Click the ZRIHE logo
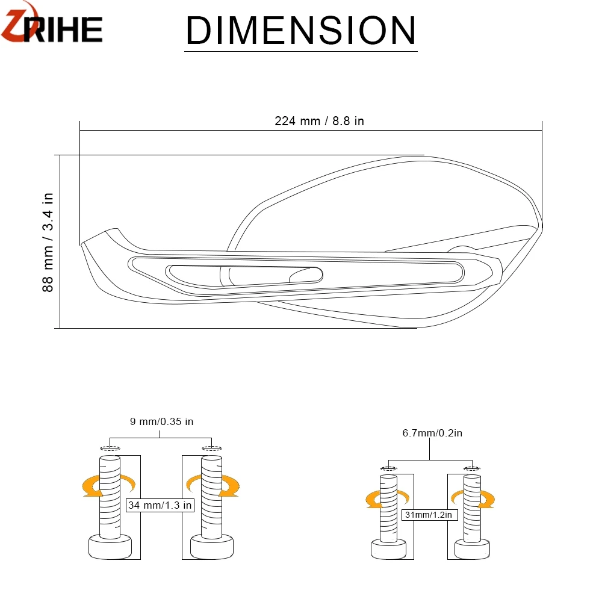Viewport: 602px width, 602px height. pyautogui.click(x=52, y=24)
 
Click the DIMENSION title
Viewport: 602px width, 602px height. pyautogui.click(x=301, y=31)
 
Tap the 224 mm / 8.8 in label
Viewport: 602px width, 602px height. pyautogui.click(x=319, y=121)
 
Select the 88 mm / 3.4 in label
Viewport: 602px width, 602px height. pyautogui.click(x=48, y=242)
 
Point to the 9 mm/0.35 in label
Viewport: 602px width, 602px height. pyautogui.click(x=161, y=421)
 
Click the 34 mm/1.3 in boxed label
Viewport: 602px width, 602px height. pyautogui.click(x=160, y=505)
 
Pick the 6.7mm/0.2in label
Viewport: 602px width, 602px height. pyautogui.click(x=432, y=433)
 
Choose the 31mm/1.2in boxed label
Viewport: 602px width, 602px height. pyautogui.click(x=429, y=515)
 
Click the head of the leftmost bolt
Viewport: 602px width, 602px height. pyautogui.click(x=110, y=547)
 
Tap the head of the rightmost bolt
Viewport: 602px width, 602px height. pyautogui.click(x=472, y=549)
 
